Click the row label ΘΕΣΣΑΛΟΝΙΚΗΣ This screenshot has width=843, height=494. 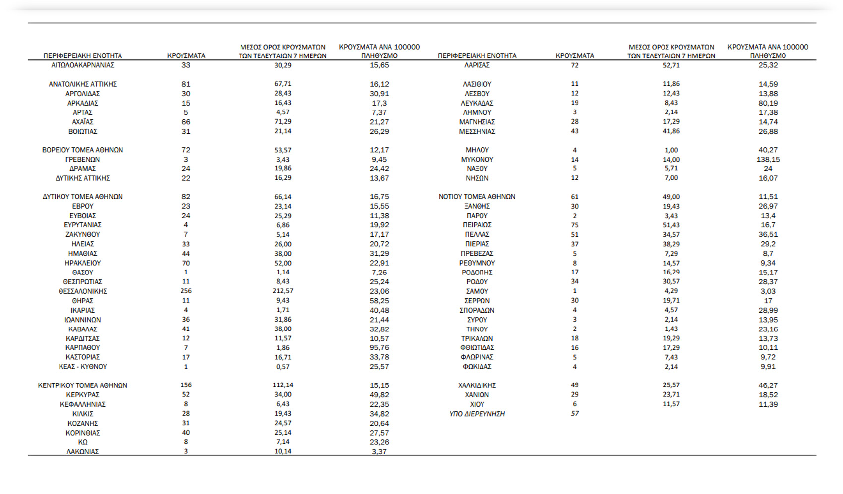(82, 291)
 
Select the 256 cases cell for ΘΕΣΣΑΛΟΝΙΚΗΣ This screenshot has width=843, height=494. (186, 291)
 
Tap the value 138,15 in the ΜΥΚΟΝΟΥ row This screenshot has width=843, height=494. (768, 159)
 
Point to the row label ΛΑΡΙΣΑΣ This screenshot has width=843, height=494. (477, 65)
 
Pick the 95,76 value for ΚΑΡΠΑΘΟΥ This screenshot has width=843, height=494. (379, 348)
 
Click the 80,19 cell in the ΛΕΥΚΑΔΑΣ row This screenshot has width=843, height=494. (768, 103)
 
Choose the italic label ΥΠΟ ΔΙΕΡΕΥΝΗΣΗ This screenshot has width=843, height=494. (477, 414)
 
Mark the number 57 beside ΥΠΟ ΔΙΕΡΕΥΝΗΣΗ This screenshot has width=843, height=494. (575, 413)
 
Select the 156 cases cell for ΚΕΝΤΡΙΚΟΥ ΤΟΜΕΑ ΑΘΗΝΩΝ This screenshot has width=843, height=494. (186, 385)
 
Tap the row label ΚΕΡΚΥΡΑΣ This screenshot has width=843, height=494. (82, 395)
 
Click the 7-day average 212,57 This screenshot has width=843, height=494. (283, 291)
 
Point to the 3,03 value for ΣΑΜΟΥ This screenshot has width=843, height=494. (768, 291)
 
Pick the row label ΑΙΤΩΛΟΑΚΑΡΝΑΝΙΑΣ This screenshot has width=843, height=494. (82, 65)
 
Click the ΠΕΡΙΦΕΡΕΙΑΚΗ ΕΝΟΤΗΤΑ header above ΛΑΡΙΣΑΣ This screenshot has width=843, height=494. (477, 55)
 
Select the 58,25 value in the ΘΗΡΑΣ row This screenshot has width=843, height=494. (379, 301)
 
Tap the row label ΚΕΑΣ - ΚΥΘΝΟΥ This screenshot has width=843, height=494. (82, 367)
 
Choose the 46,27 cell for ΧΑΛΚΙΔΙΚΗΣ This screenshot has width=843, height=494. (768, 385)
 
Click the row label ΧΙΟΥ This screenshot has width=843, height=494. (477, 404)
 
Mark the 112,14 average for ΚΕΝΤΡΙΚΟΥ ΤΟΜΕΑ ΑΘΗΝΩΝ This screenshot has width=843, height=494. (283, 385)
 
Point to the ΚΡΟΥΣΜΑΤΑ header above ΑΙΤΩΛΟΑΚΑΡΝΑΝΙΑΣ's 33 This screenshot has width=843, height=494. (186, 55)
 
